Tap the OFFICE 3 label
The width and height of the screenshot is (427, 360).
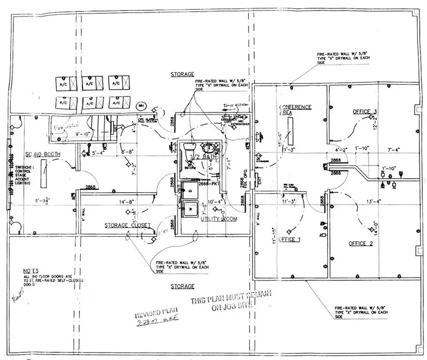coord(364,112)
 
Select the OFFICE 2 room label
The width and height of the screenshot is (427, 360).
coord(361,243)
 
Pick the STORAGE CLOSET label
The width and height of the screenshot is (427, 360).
coord(128,226)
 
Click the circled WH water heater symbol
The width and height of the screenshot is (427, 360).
coord(140,105)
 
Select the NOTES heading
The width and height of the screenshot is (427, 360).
coord(31,271)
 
